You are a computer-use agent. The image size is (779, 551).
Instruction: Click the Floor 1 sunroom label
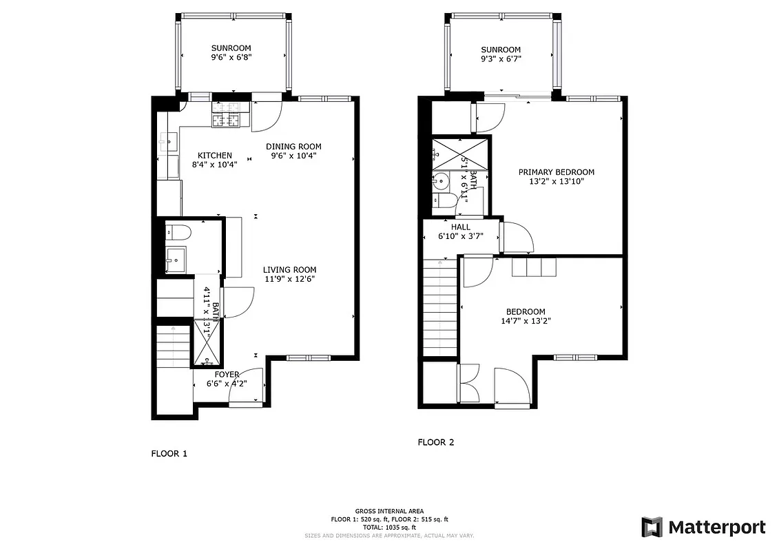[231, 48]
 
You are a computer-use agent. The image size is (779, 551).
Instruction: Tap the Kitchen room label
[215, 156]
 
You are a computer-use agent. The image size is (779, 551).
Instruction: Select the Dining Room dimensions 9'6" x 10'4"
[294, 156]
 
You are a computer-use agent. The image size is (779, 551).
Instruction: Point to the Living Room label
[289, 270]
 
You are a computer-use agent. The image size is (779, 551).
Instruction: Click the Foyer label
[227, 375]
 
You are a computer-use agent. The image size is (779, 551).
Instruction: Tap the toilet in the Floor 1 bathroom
[173, 232]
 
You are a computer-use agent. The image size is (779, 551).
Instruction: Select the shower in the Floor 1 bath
[207, 342]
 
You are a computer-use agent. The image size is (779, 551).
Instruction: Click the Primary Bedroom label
[556, 172]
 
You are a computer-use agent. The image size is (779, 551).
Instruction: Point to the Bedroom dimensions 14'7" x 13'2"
[526, 320]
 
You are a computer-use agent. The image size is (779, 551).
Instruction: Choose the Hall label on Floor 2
[461, 227]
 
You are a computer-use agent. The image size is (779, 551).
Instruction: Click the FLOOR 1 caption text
[169, 454]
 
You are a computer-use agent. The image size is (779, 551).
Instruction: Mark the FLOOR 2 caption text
[436, 443]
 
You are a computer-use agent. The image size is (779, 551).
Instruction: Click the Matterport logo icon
[652, 527]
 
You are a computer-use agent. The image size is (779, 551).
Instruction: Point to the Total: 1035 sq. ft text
[389, 527]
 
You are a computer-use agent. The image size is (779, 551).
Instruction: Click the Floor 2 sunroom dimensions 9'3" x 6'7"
[501, 59]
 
